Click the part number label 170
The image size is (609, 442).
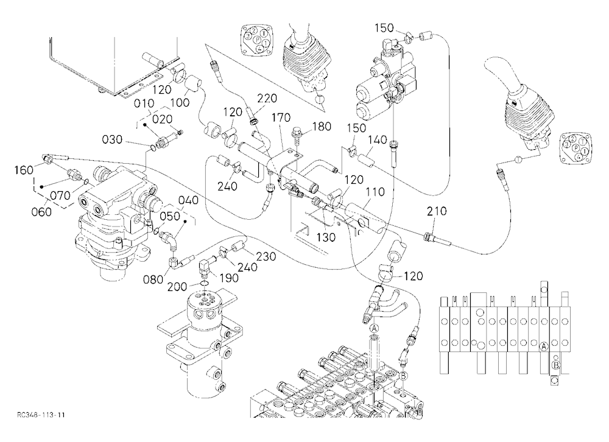point(281,117)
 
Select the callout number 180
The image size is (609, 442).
point(322,126)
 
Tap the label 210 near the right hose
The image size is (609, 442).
point(437,211)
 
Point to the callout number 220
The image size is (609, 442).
point(267,98)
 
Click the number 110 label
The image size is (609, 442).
point(375,192)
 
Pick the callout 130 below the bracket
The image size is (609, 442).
point(326,237)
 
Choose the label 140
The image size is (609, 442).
point(378,139)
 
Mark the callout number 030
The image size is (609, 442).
point(112,139)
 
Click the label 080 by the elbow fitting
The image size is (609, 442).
point(153,279)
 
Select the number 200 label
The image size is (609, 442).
point(177,287)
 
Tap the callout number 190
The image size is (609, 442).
point(228,278)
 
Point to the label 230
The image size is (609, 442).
point(266,256)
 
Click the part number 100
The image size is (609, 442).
point(180,102)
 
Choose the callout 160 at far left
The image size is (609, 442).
point(24,170)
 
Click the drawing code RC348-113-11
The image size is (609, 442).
point(41,415)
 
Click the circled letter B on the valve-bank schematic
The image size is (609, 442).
point(556,365)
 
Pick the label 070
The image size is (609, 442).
point(60,195)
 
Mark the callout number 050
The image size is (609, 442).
point(170,216)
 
